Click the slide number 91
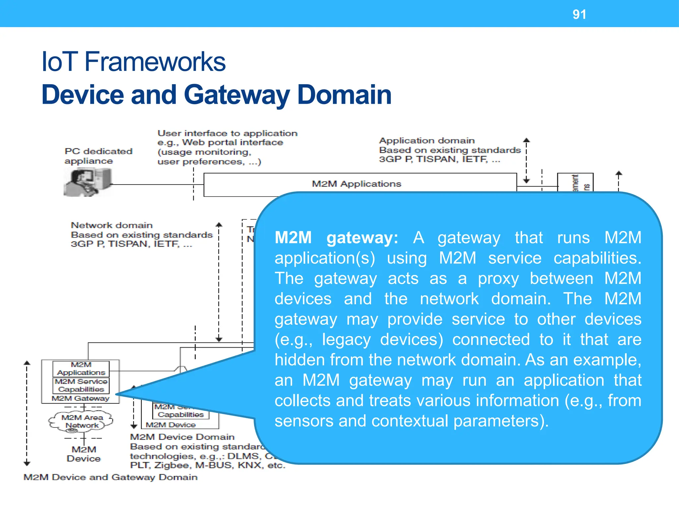[x=579, y=15]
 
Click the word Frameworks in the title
[x=155, y=62]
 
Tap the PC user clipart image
[x=88, y=182]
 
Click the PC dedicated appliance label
[x=98, y=156]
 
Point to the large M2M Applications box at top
[x=356, y=184]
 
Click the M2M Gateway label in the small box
[x=81, y=398]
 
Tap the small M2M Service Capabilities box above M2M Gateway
[x=81, y=385]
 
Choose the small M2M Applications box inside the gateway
[x=81, y=368]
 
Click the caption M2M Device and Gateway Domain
[x=110, y=477]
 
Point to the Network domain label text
[x=112, y=225]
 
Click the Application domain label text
[x=427, y=141]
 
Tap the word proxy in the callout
[x=498, y=279]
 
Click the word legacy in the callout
[x=346, y=340]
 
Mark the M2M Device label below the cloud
[x=84, y=454]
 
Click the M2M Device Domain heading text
[x=182, y=437]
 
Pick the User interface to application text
[x=227, y=133]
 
